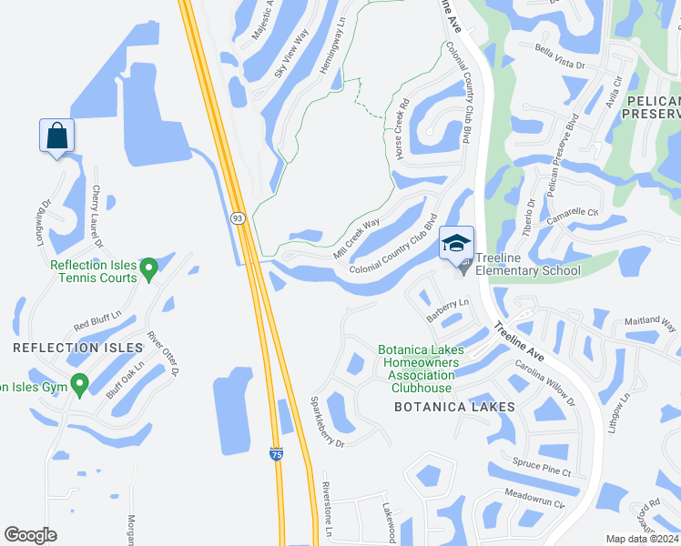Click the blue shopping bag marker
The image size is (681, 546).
coord(56,136)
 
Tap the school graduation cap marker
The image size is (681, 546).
coord(455,243)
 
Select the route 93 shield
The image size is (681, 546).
coord(238,218)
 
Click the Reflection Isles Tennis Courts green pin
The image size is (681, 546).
coord(150,267)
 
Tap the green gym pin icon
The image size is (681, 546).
coord(79,386)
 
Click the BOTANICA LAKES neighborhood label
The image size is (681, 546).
coord(454,407)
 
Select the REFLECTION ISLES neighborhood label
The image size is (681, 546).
coord(78,348)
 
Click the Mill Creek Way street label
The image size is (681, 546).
coord(357,238)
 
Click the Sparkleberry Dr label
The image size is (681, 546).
coord(326,421)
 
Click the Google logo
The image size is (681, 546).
coord(31,535)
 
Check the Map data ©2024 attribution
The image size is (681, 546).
coord(641,539)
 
